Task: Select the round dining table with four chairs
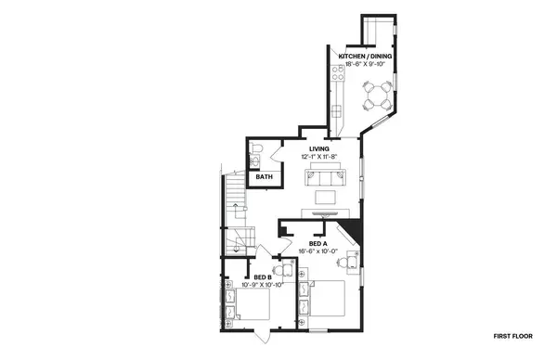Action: click(x=377, y=94)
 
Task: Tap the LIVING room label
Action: click(x=319, y=148)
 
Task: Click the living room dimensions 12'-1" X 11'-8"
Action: click(x=319, y=157)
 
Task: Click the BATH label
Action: click(x=265, y=176)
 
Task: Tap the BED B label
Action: click(x=262, y=276)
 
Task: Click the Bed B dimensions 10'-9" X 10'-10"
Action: click(x=262, y=284)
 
